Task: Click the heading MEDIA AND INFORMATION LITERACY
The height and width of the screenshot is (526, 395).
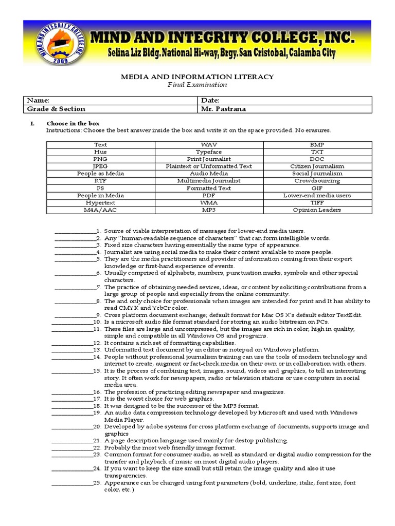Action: click(197, 77)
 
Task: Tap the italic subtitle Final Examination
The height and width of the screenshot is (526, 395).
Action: click(197, 84)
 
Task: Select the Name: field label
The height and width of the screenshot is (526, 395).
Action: click(38, 101)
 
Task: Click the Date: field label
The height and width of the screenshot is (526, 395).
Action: click(210, 101)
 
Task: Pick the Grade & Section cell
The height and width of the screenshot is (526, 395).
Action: click(56, 109)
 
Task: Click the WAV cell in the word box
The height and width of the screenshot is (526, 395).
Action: click(209, 145)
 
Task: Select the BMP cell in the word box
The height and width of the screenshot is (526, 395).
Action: click(317, 145)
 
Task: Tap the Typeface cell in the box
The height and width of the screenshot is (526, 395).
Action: click(209, 152)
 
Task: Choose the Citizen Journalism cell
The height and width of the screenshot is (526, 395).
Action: click(317, 166)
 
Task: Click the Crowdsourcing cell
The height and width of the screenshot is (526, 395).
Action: click(317, 181)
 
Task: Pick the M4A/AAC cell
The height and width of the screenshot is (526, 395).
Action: click(101, 210)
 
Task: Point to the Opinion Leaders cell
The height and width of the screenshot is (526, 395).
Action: click(317, 210)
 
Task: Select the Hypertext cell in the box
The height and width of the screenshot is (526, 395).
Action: click(101, 202)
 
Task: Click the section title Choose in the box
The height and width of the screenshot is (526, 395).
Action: click(73, 124)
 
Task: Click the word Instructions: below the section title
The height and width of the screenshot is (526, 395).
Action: click(60, 130)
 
